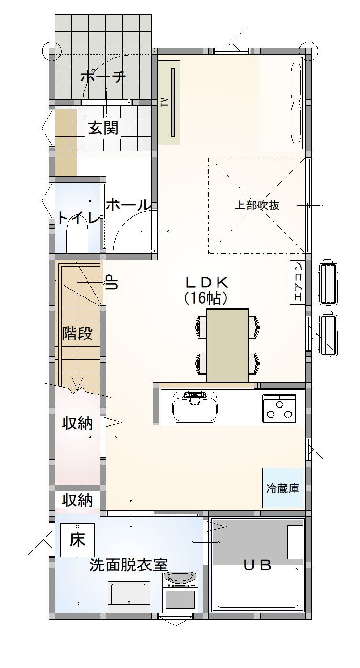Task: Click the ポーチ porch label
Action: pyautogui.click(x=103, y=77)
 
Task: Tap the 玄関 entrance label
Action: pyautogui.click(x=103, y=128)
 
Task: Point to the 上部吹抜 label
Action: pyautogui.click(x=257, y=206)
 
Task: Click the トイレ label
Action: pyautogui.click(x=79, y=218)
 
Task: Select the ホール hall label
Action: pyautogui.click(x=128, y=205)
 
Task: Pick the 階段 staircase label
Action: pyautogui.click(x=77, y=333)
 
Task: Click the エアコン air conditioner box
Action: pyautogui.click(x=297, y=282)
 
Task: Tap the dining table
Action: pyautogui.click(x=227, y=344)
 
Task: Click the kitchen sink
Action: pyautogui.click(x=196, y=409)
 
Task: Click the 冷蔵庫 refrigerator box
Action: pyautogui.click(x=283, y=488)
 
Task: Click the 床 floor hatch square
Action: pyautogui.click(x=77, y=540)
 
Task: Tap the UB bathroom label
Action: pyautogui.click(x=258, y=565)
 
